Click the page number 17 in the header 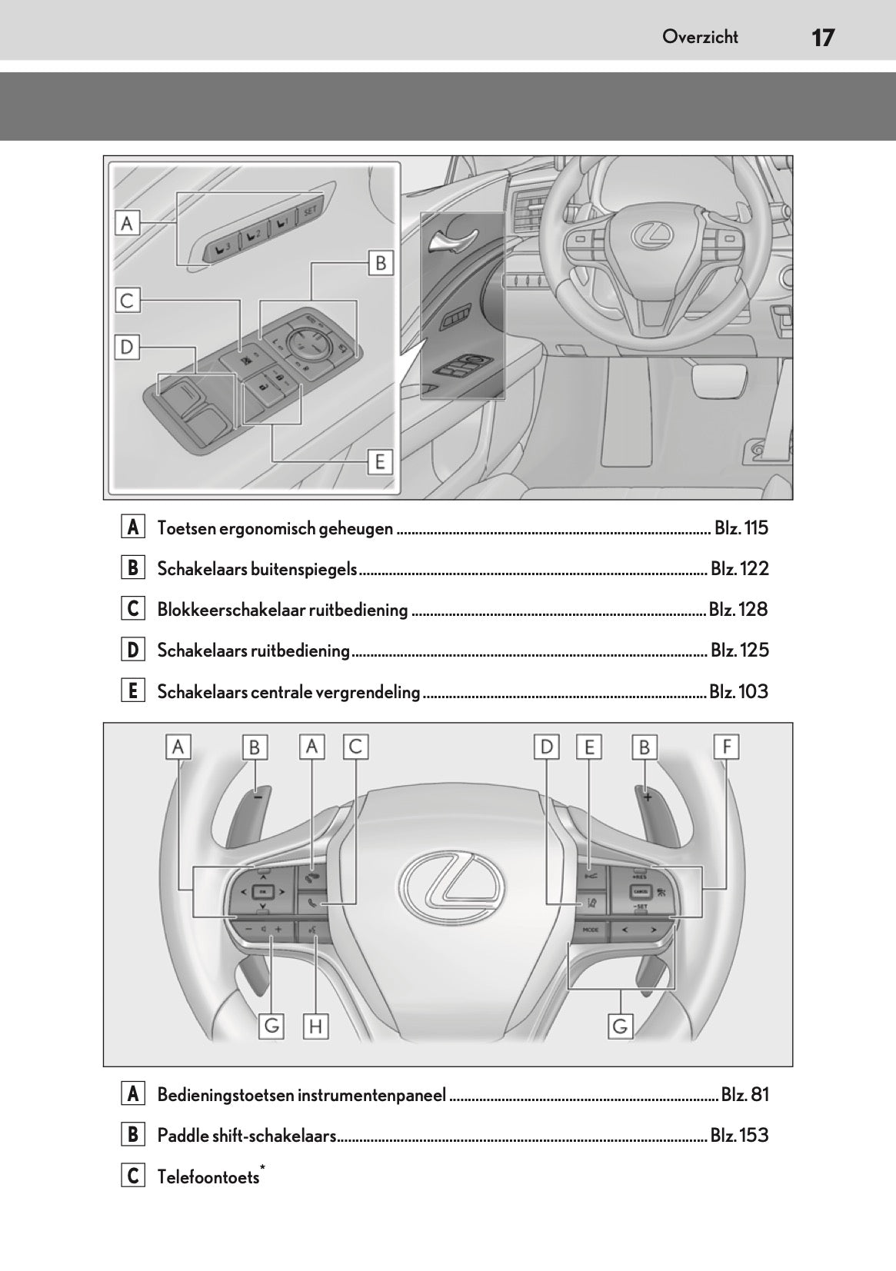822,37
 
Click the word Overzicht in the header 700,37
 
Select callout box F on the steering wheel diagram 726,747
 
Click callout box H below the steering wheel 315,1026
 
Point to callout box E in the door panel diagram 380,461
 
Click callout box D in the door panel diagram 128,348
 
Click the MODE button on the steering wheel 590,930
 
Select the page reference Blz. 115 741,528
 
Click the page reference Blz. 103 738,692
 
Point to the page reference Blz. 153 739,1136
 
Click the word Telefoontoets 208,1177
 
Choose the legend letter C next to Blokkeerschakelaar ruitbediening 132,610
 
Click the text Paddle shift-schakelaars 247,1136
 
